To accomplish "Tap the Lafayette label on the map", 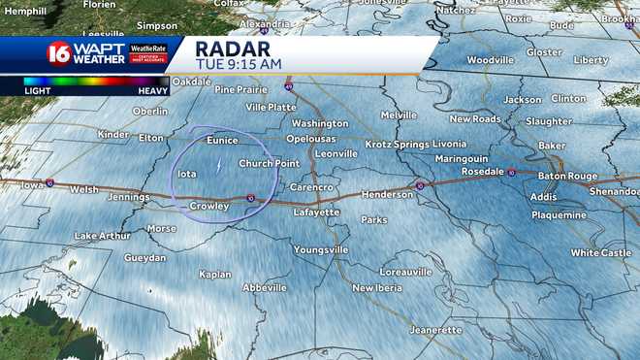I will pyautogui.click(x=317, y=211).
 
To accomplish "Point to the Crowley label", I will pyautogui.click(x=208, y=206).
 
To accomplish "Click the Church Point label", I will pyautogui.click(x=269, y=163).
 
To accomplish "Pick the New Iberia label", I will pyautogui.click(x=375, y=287).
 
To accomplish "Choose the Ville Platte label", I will pyautogui.click(x=271, y=107).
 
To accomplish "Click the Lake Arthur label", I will pyautogui.click(x=102, y=236).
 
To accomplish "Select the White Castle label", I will pyautogui.click(x=600, y=252).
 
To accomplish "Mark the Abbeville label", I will pyautogui.click(x=265, y=287).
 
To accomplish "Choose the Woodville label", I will pyautogui.click(x=490, y=59).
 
